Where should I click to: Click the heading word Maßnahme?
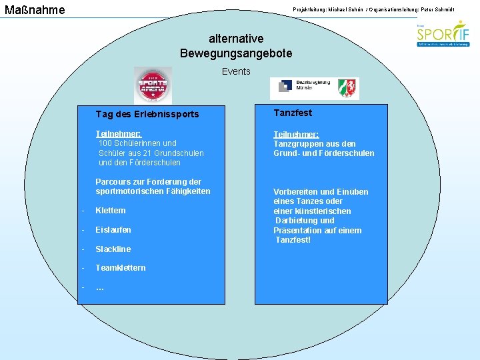tap(35, 10)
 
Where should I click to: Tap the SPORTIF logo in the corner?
tap(443, 34)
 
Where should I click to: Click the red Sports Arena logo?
tap(153, 85)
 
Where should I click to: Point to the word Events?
tap(236, 71)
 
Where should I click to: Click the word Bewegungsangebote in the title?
tap(235, 53)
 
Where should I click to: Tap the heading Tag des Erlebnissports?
tap(147, 114)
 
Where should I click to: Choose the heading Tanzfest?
tap(293, 113)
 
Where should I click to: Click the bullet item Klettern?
tap(110, 211)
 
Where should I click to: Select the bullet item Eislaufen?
tap(113, 230)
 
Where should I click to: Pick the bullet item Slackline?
tap(113, 249)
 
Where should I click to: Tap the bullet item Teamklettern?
tap(121, 268)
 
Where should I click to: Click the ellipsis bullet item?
tap(100, 287)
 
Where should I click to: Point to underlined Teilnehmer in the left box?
tap(119, 133)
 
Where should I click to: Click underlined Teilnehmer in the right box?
tap(296, 134)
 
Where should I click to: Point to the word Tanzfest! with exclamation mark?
tap(293, 240)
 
